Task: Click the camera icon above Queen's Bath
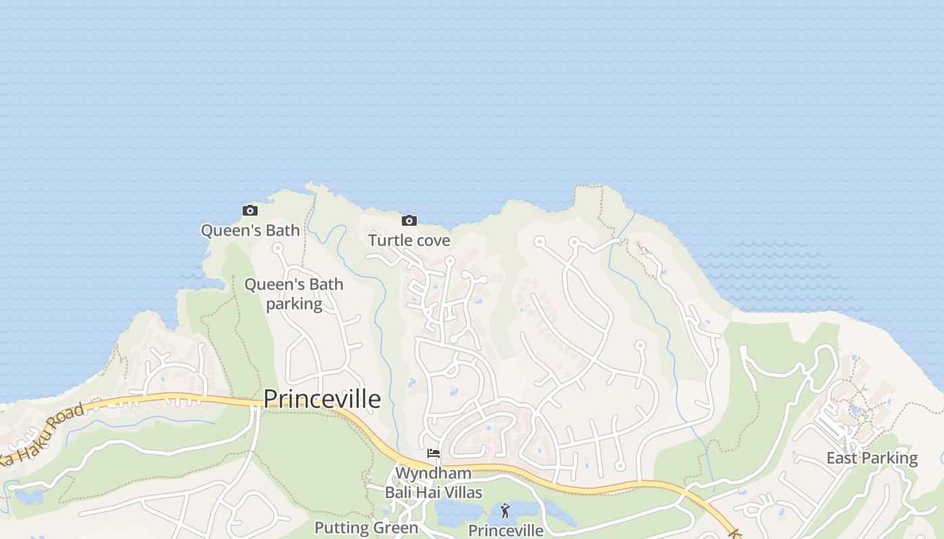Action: pos(250,211)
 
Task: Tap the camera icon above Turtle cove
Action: pos(409,220)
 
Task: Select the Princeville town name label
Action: pos(322,399)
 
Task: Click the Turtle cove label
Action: pos(409,241)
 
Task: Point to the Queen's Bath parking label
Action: pos(293,294)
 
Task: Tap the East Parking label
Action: pos(872,459)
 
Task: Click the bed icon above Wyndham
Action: pos(434,453)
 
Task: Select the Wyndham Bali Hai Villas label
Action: pos(434,482)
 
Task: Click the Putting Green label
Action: pos(366,528)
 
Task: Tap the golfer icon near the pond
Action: pos(505,511)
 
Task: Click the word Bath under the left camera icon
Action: pos(283,230)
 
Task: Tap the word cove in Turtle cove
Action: pos(433,241)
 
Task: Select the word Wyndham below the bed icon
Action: pos(433,473)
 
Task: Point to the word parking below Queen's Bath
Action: pos(293,304)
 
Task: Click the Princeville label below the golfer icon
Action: pos(505,531)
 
